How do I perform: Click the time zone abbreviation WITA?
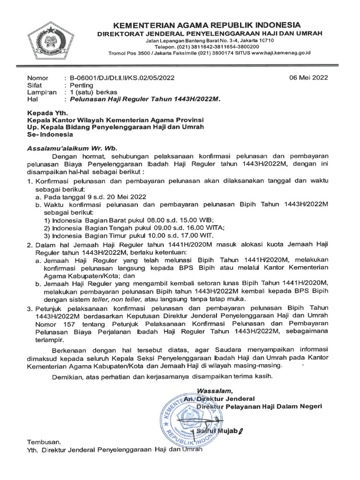[214, 227]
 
